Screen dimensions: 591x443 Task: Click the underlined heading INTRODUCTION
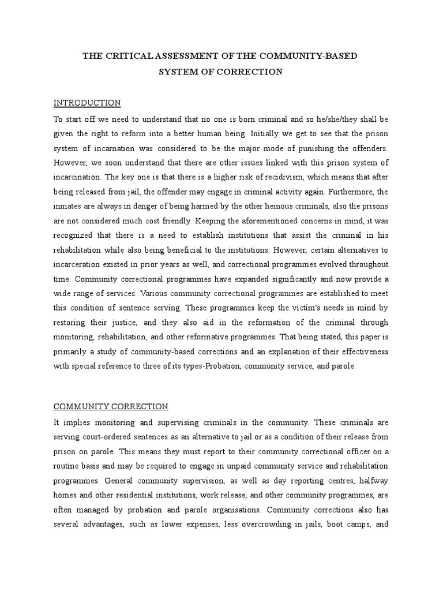pos(87,103)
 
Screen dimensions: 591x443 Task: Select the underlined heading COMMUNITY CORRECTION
pos(111,406)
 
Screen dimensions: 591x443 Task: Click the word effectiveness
pos(361,351)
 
